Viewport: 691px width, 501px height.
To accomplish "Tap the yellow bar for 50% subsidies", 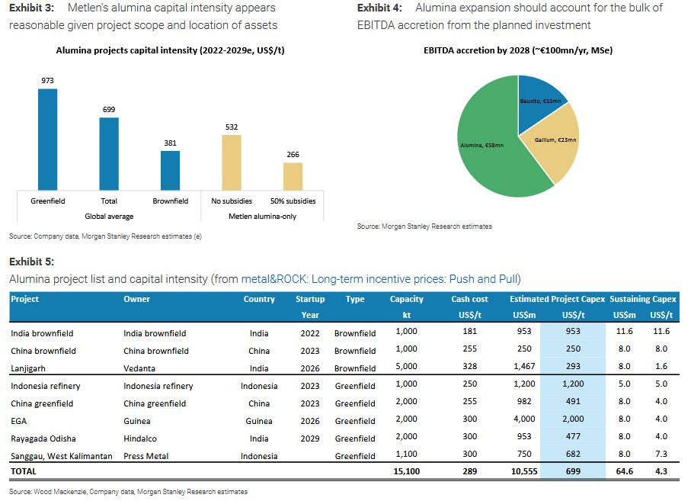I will click(x=293, y=176).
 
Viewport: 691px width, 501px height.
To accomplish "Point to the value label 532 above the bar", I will click(x=231, y=127).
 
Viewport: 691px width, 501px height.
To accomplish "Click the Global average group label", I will click(x=109, y=217).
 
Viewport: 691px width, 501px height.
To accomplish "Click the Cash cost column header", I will click(x=469, y=299).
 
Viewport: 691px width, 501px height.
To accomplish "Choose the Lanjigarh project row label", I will click(x=31, y=368).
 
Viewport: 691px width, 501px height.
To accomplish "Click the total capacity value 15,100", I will click(x=408, y=472).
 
